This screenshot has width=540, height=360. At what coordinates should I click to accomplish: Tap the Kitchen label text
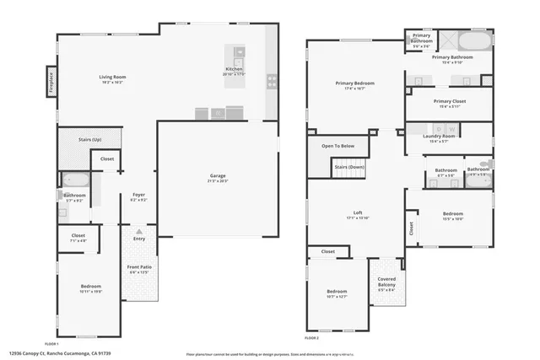pyautogui.click(x=235, y=69)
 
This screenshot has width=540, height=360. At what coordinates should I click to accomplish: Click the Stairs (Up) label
pyautogui.click(x=90, y=139)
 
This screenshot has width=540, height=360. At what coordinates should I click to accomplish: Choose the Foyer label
pyautogui.click(x=138, y=195)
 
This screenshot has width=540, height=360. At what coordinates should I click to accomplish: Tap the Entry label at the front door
pyautogui.click(x=138, y=239)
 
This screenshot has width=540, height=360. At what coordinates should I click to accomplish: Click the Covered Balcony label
pyautogui.click(x=386, y=282)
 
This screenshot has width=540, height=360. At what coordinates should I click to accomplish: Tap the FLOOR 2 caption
pyautogui.click(x=312, y=337)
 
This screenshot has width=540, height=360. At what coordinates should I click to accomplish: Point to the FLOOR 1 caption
pyautogui.click(x=51, y=344)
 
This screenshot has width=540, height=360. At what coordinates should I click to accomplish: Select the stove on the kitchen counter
pyautogui.click(x=272, y=82)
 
